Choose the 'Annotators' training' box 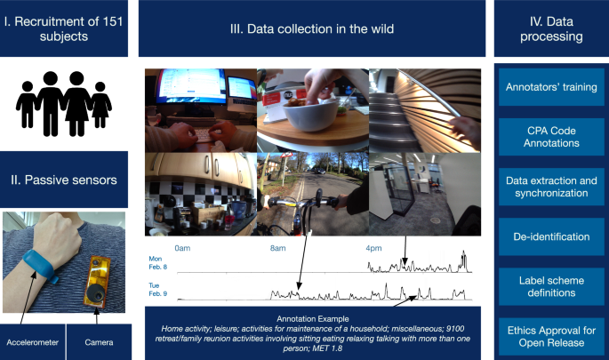point(551,88)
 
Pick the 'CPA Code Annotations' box point(551,136)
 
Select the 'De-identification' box point(551,237)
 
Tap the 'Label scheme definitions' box point(551,285)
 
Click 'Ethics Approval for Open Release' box point(551,335)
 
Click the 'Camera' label point(100,341)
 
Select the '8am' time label point(277,248)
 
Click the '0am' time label point(183,248)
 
